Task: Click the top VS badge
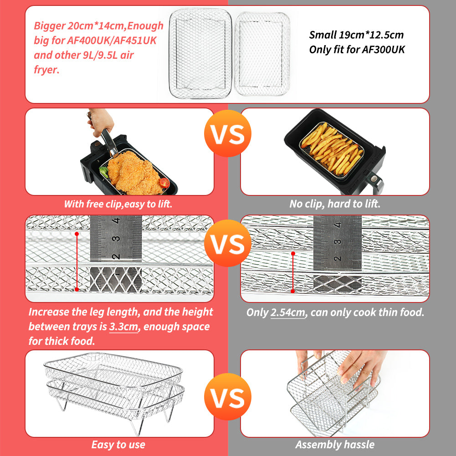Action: pos(227,133)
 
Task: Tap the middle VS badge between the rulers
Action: pos(227,243)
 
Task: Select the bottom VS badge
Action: pos(227,397)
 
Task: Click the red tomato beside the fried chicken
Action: pos(164,183)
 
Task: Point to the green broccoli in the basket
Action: pos(104,172)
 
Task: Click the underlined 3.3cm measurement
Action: pos(123,327)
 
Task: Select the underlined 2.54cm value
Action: pos(288,313)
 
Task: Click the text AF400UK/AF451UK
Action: pos(112,40)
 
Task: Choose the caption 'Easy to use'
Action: pos(118,444)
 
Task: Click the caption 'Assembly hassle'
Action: pos(335,444)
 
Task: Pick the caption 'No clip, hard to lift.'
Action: pos(335,204)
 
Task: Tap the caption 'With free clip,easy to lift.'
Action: pos(118,204)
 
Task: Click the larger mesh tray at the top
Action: pos(200,53)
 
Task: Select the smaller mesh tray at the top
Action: pos(262,54)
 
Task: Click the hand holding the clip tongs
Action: pos(101,122)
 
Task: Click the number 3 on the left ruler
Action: pos(116,239)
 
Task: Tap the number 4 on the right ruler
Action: pos(338,225)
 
